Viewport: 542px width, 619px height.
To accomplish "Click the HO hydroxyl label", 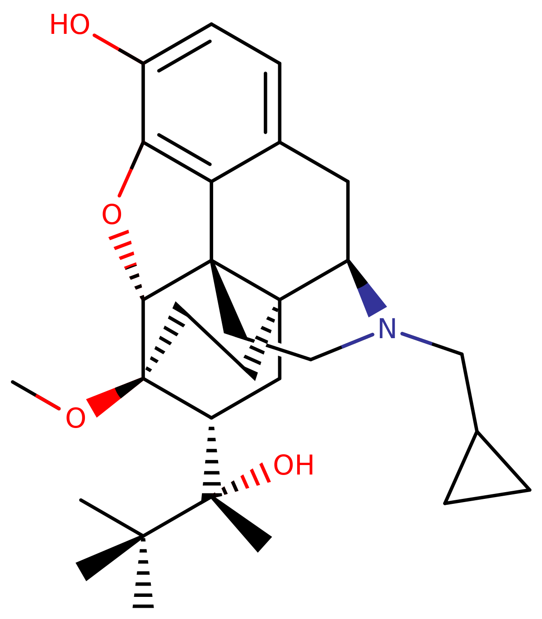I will pyautogui.click(x=69, y=25).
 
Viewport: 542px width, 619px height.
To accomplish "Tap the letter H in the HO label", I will pyautogui.click(x=60, y=25).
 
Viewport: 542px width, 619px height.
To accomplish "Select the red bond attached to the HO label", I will pyautogui.click(x=107, y=42).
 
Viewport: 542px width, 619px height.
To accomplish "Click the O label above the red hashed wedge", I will pyautogui.click(x=111, y=215).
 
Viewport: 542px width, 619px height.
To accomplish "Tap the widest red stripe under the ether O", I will pyautogui.click(x=119, y=235).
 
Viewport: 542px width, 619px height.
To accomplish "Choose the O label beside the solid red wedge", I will pyautogui.click(x=75, y=418).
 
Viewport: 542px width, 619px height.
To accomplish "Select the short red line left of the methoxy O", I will pyautogui.click(x=48, y=402).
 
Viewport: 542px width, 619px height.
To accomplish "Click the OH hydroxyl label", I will pyautogui.click(x=293, y=465).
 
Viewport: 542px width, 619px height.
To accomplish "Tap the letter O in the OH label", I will pyautogui.click(x=284, y=465).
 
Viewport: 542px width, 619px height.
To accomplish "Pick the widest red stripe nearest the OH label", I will pyautogui.click(x=265, y=473).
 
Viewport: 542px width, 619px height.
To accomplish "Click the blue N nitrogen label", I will pyautogui.click(x=387, y=329).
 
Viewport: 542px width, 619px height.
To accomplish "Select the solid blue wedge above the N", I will pyautogui.click(x=370, y=298).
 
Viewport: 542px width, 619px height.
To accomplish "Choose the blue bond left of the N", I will pyautogui.click(x=357, y=341).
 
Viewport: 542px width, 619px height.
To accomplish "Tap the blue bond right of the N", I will pyautogui.click(x=416, y=339).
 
